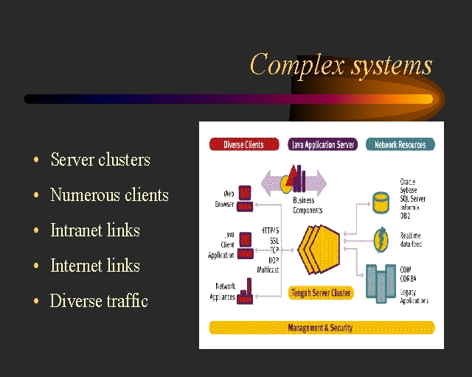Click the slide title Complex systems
[341, 65]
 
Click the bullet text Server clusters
[100, 160]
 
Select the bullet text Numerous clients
[109, 195]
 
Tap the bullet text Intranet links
[94, 230]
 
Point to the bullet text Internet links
[94, 266]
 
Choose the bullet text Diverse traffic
[99, 301]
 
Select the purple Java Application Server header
[322, 145]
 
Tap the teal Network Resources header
[400, 145]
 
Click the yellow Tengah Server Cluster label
[321, 292]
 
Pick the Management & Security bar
[321, 327]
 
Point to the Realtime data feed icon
[381, 239]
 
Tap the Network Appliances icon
[246, 292]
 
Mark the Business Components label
[308, 205]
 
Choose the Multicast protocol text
[267, 270]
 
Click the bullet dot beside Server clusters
[35, 161]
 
